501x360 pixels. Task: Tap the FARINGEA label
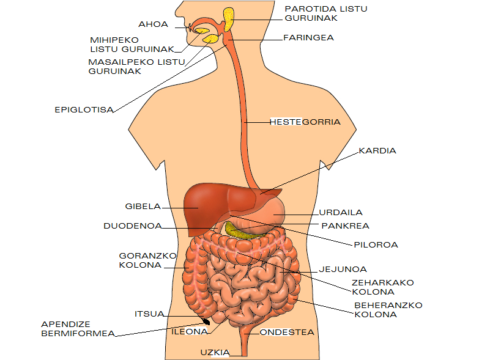308,37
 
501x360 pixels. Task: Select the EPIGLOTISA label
84,110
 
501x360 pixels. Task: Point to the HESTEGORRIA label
305,122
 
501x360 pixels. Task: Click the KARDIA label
377,150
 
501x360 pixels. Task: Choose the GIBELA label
143,207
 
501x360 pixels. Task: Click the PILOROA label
376,244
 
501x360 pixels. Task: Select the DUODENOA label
133,226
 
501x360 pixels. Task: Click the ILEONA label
189,332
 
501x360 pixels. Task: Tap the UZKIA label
215,352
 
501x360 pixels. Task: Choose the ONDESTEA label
287,332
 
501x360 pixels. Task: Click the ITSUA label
149,314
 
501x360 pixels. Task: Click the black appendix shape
207,321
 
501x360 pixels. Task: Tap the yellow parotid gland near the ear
229,19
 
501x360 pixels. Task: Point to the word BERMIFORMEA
78,333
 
